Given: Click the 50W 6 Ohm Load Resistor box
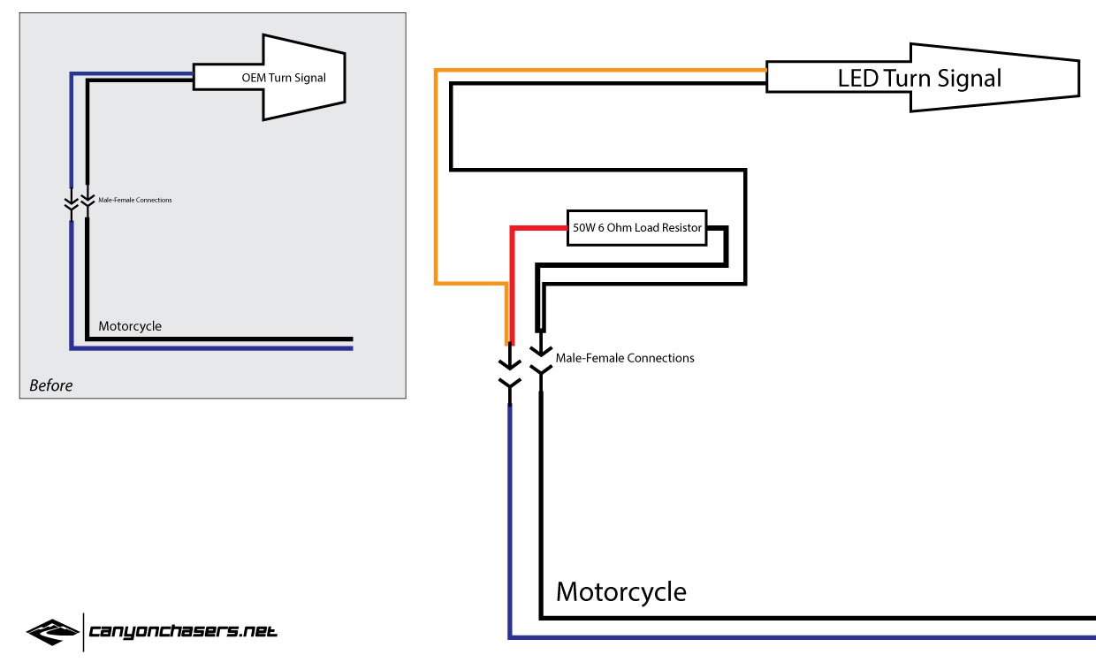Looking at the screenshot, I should click(x=636, y=228).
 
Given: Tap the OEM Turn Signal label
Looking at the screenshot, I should click(x=284, y=78).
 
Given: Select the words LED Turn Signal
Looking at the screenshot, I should click(x=919, y=78).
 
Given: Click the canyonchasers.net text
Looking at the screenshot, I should click(x=183, y=631).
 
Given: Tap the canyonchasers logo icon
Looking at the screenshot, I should click(x=52, y=632).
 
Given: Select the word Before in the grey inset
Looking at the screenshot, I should click(x=50, y=385).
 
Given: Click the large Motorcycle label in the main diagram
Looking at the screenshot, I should click(x=620, y=591).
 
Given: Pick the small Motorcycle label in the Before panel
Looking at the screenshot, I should click(x=130, y=326).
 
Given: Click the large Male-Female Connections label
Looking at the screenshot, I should click(x=624, y=358).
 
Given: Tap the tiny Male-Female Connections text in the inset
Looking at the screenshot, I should click(x=135, y=200).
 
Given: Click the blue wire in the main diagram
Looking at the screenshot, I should click(x=510, y=530).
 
